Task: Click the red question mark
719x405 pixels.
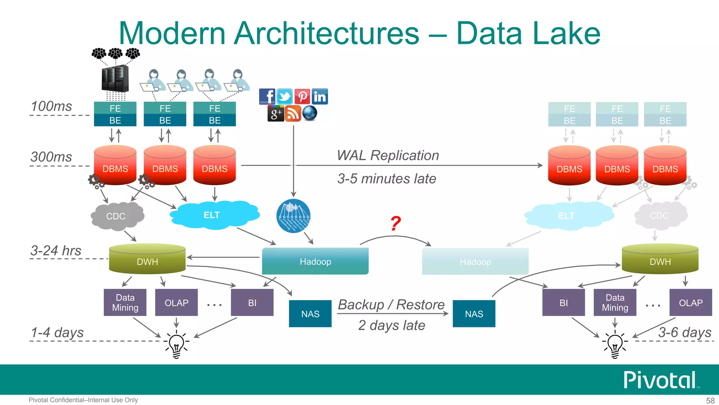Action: click(x=396, y=223)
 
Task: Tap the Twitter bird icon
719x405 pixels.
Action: click(x=284, y=96)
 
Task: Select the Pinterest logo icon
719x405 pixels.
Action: click(x=302, y=96)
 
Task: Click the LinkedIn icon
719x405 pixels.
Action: click(x=319, y=97)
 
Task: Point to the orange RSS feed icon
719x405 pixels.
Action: click(x=293, y=113)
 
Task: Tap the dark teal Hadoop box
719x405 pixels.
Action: click(x=315, y=261)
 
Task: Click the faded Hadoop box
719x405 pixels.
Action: click(x=475, y=262)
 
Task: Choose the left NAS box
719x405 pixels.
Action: click(x=310, y=314)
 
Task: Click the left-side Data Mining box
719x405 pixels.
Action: click(x=125, y=302)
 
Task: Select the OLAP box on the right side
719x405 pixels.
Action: click(x=691, y=302)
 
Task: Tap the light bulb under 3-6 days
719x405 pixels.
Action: click(x=615, y=344)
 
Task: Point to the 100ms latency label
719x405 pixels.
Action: click(x=51, y=106)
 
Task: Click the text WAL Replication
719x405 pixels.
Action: click(x=388, y=155)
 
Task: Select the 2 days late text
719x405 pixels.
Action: click(x=391, y=325)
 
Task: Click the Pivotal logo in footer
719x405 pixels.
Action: click(x=660, y=380)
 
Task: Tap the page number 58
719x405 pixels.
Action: click(x=710, y=400)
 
